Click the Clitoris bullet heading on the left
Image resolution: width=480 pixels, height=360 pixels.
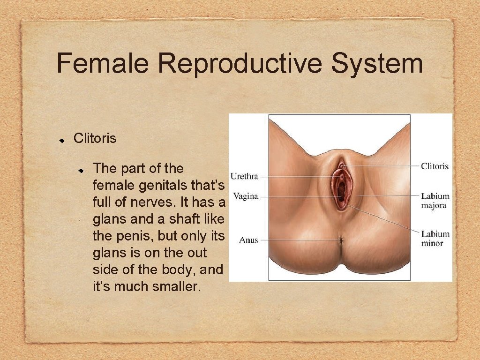click(x=95, y=139)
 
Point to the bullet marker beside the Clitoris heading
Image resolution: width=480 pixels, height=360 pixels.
click(x=61, y=140)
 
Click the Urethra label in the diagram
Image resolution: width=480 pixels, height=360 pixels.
click(x=245, y=177)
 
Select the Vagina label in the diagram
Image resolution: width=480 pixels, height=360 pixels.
click(x=246, y=196)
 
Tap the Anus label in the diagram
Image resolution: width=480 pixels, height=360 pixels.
click(x=248, y=240)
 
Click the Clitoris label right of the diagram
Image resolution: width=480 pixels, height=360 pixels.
click(x=435, y=166)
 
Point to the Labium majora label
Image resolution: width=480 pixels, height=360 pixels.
click(x=435, y=201)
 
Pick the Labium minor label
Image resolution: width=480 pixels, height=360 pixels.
click(x=435, y=238)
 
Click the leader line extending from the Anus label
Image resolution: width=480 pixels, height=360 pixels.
click(x=300, y=240)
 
